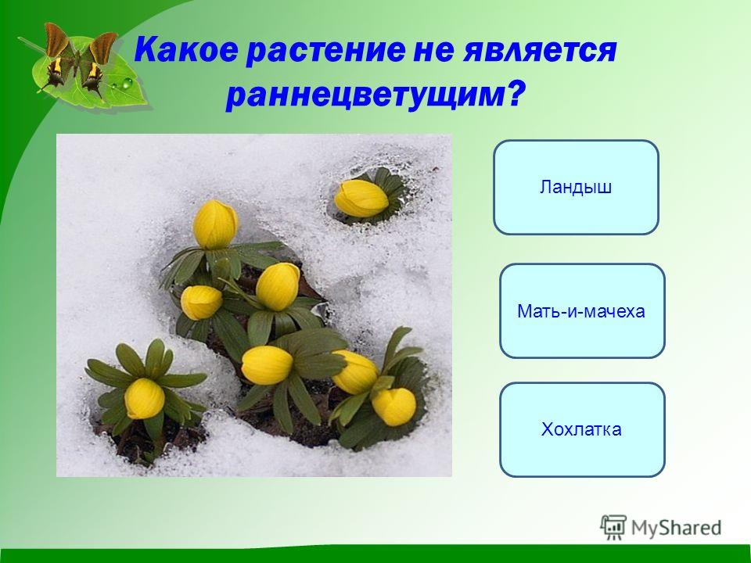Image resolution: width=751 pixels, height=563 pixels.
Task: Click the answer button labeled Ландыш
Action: (576, 187)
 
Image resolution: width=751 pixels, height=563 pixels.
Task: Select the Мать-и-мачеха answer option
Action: (582, 310)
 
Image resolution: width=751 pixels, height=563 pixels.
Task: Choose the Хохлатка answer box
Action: (582, 429)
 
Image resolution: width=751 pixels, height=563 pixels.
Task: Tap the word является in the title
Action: (539, 50)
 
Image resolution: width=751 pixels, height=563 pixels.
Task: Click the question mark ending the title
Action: (513, 93)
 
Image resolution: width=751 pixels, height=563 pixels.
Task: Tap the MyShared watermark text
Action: (676, 528)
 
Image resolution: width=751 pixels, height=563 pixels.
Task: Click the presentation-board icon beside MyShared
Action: (613, 527)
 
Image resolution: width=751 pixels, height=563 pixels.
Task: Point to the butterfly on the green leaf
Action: (79, 61)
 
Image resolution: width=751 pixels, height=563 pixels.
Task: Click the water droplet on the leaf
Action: (127, 84)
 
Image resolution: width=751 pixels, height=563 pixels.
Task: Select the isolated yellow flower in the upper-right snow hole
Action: (361, 198)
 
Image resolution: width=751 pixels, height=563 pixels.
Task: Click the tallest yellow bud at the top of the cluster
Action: (216, 224)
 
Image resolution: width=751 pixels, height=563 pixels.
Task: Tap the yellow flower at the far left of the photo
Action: (144, 398)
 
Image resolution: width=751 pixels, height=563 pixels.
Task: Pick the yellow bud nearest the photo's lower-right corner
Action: (394, 407)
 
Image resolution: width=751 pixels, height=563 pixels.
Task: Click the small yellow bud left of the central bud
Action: (201, 303)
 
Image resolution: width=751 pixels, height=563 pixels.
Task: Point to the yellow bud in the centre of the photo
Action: (278, 287)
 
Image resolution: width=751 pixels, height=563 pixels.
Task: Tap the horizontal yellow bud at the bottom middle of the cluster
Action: (267, 365)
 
